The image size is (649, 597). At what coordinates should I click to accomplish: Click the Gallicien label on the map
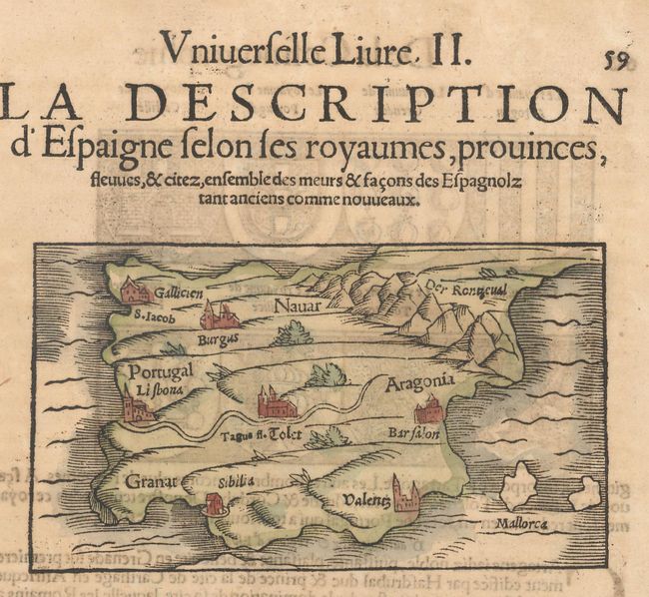[179, 294]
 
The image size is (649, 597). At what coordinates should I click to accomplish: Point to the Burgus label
[217, 338]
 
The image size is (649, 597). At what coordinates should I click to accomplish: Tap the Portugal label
[160, 371]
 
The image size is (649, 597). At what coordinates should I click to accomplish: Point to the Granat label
[151, 482]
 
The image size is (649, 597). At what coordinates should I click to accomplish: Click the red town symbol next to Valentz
[404, 494]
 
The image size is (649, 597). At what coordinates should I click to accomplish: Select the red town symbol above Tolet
[277, 403]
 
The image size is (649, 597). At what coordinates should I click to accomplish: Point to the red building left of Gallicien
[134, 291]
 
